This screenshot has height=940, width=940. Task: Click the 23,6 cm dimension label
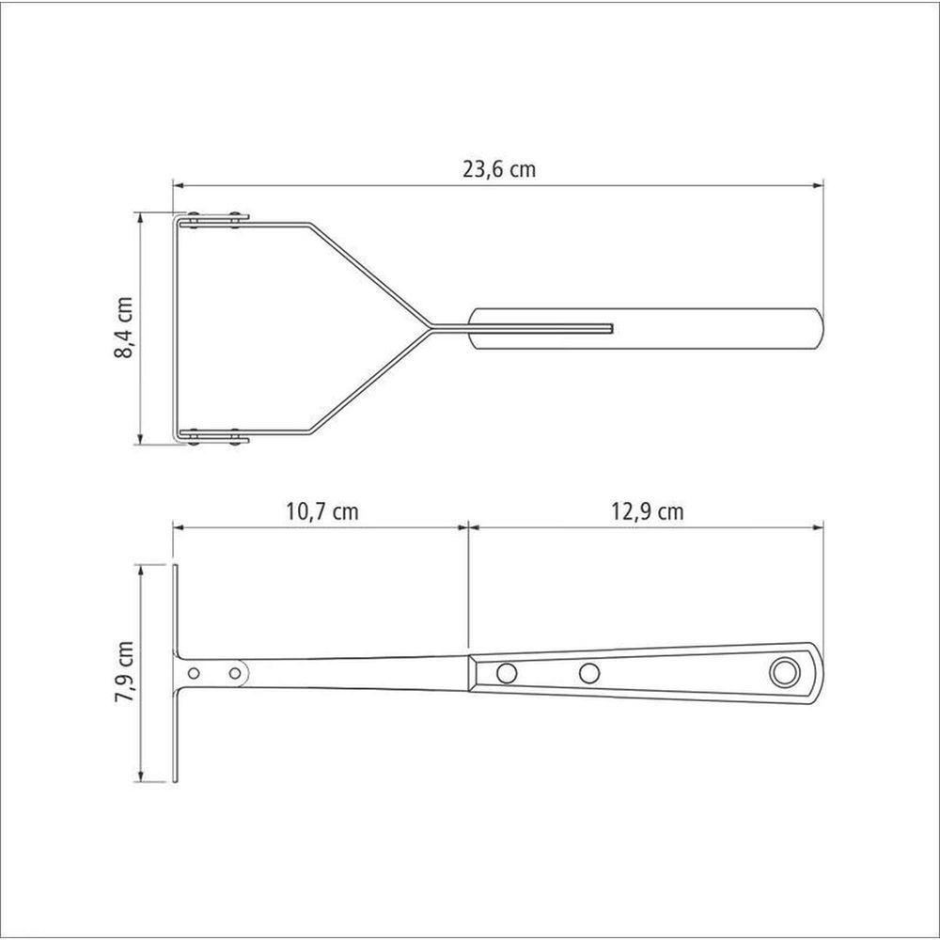point(499,169)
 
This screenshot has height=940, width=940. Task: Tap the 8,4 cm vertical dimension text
point(123,327)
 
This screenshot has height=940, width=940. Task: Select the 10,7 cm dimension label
point(321,511)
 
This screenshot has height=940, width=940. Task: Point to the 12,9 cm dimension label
point(648,511)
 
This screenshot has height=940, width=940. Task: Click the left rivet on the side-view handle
point(508,673)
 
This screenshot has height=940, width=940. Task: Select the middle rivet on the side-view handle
point(590,673)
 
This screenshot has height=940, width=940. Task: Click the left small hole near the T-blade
point(194,673)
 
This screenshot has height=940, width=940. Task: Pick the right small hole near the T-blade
point(235,673)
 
